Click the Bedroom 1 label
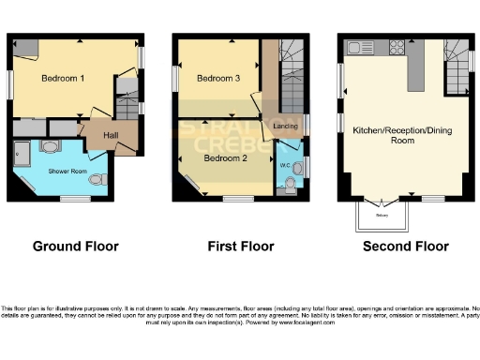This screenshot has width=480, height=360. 63,80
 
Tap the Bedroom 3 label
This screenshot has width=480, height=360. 217,80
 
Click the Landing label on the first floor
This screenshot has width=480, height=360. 287,126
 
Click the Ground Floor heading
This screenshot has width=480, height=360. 75,247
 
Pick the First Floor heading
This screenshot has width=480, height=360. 240,247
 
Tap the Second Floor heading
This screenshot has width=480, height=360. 407,247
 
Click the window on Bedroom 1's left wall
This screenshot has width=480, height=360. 10,83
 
